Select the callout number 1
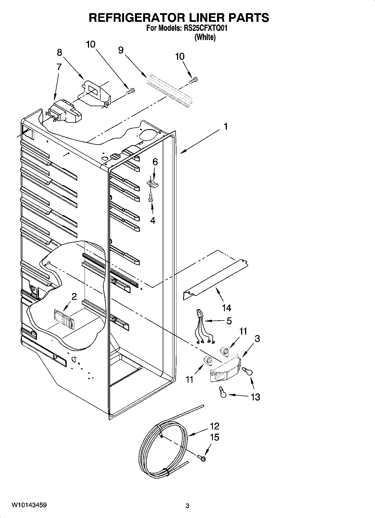coord(225,127)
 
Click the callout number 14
coord(227,308)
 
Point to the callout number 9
coord(121,50)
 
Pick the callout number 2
coord(74,296)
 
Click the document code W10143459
coord(29,505)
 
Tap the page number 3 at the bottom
coord(187,506)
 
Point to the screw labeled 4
coord(151,197)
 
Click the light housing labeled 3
coord(225,370)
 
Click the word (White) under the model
coord(205,37)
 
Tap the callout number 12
coord(215,426)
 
